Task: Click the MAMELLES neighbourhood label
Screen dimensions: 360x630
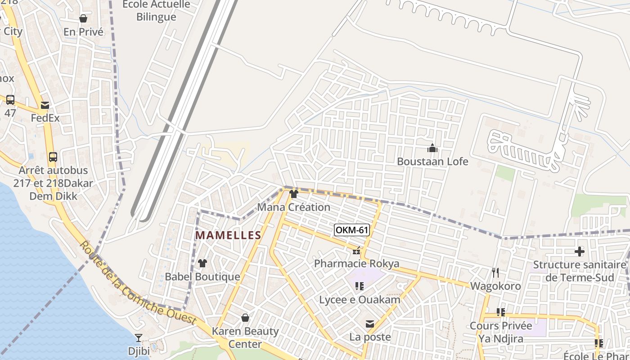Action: pos(228,235)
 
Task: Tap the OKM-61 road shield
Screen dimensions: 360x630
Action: pos(352,230)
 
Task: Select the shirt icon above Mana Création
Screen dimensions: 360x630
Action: pos(294,194)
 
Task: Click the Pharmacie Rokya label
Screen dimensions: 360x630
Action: pos(356,263)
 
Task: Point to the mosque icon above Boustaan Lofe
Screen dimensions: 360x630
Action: pos(432,148)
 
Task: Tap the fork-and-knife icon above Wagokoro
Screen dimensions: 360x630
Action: pos(495,272)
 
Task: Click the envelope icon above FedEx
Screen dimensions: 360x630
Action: pos(45,105)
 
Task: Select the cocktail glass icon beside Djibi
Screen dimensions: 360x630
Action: pos(139,337)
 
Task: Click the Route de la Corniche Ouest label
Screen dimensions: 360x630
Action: pos(138,283)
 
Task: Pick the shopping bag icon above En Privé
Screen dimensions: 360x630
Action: pos(83,18)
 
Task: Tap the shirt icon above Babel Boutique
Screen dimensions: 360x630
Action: pos(202,263)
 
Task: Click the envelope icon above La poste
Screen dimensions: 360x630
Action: pos(370,324)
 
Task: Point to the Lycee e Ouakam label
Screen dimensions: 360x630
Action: pos(360,300)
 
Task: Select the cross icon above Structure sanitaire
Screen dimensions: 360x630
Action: pos(580,252)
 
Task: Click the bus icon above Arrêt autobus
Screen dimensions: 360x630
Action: pos(53,157)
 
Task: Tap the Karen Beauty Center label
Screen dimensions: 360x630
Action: pos(245,337)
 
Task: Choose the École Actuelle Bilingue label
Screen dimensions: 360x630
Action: pos(157,11)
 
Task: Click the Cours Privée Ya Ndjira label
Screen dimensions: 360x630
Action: pos(501,332)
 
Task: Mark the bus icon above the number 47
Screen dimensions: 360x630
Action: pos(10,99)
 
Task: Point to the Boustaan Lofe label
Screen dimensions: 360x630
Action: pos(432,161)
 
